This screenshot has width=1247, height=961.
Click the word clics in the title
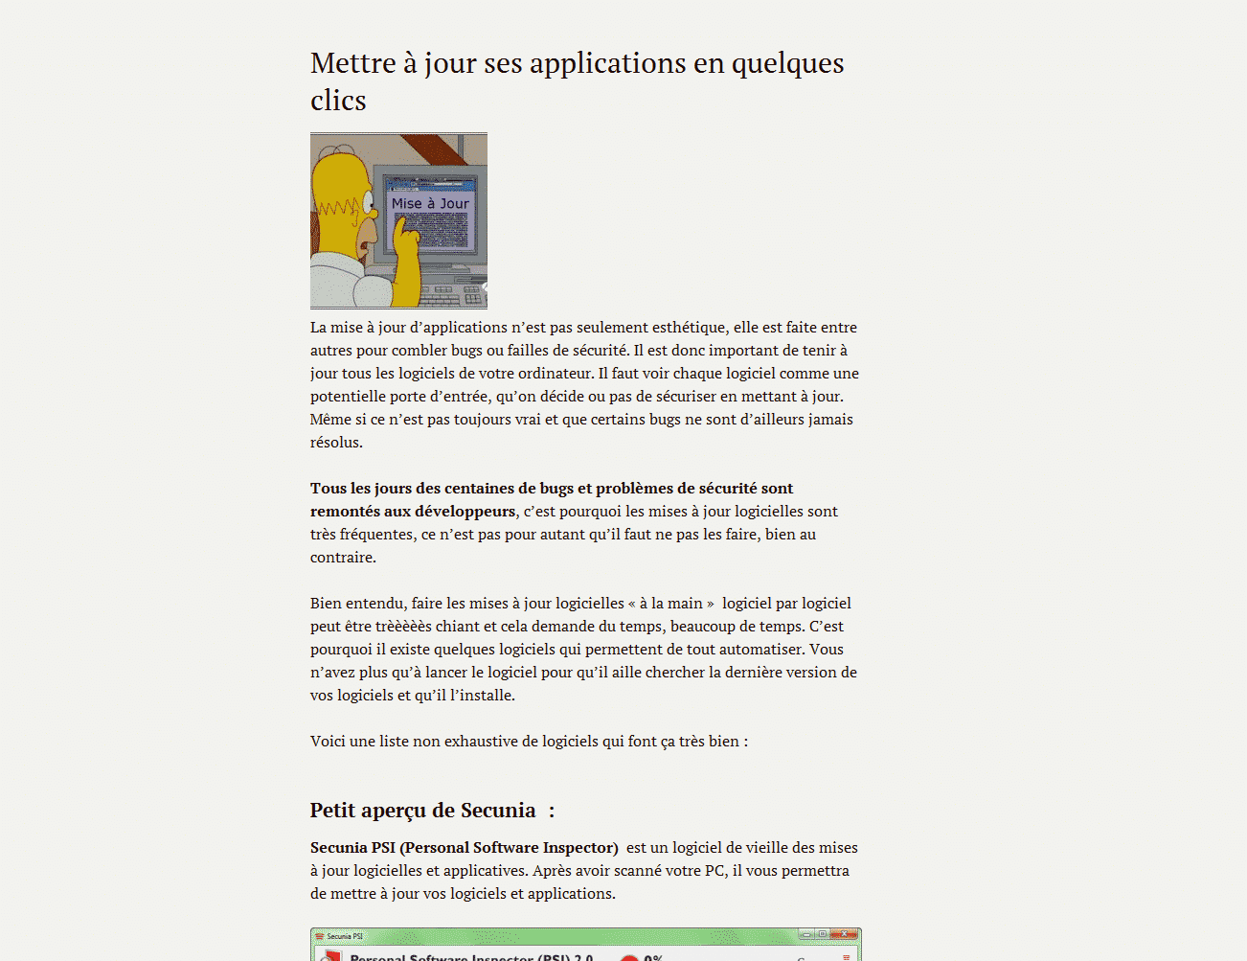pyautogui.click(x=338, y=101)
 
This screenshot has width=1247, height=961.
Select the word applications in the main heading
pyautogui.click(x=607, y=63)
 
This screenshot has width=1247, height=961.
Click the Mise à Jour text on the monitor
pyautogui.click(x=430, y=203)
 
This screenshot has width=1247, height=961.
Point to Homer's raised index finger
pyautogui.click(x=401, y=226)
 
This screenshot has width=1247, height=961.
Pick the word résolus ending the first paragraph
pyautogui.click(x=335, y=443)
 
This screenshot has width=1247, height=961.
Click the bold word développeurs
pyautogui.click(x=465, y=512)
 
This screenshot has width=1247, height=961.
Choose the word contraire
pyautogui.click(x=342, y=558)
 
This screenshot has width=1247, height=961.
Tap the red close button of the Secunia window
pyautogui.click(x=844, y=935)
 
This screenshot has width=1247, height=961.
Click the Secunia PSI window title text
pyautogui.click(x=345, y=936)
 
